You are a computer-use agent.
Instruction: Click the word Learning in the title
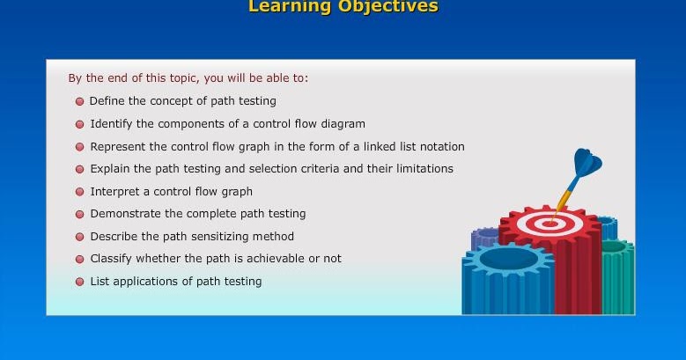tap(289, 7)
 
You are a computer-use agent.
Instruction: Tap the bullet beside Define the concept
tap(80, 101)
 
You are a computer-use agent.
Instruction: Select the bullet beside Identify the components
tap(80, 124)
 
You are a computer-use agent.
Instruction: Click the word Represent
tap(119, 146)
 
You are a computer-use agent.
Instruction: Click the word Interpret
tap(114, 191)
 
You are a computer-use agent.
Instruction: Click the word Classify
tap(111, 259)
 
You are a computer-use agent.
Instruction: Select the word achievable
tap(269, 259)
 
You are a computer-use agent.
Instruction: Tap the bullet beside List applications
tap(80, 282)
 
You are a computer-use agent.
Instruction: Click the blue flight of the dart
tap(586, 163)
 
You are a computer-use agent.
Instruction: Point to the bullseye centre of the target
tap(550, 223)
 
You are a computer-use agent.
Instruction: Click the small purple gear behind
tap(484, 238)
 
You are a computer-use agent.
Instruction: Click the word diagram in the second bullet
tap(341, 124)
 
